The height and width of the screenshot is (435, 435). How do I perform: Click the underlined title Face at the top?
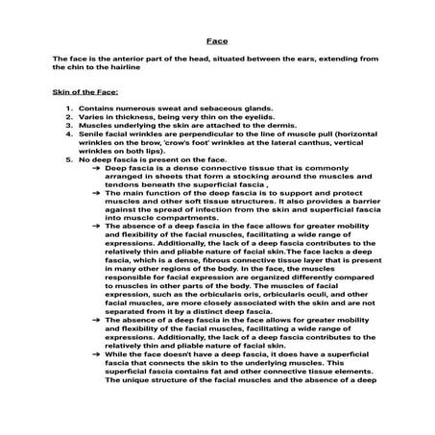click(217, 42)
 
